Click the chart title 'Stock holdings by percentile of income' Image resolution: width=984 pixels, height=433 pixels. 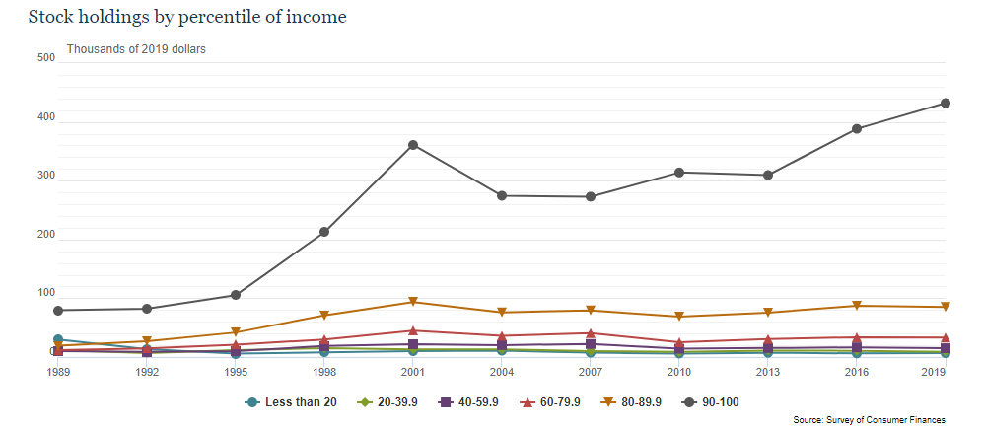(187, 17)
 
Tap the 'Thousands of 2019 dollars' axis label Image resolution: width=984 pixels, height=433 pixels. (136, 48)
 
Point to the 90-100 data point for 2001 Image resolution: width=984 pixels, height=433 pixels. (413, 145)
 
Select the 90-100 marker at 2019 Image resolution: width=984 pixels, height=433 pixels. (945, 103)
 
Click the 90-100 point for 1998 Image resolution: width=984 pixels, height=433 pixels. (324, 232)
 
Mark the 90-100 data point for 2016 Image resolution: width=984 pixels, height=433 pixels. (857, 128)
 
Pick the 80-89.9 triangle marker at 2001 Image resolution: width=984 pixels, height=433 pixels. (413, 302)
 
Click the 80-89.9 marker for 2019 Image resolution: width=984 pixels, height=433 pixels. (945, 307)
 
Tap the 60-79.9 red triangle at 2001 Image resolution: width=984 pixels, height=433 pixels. (413, 330)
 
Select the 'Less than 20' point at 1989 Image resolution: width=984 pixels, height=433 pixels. (59, 340)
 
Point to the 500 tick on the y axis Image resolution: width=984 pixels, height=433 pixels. (45, 57)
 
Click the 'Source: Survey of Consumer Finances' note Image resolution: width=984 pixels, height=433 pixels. (869, 420)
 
